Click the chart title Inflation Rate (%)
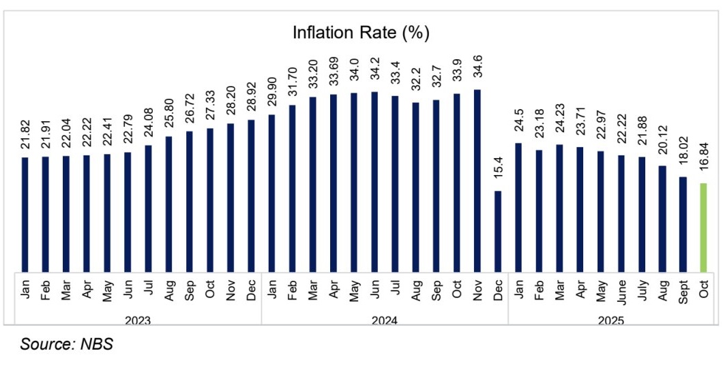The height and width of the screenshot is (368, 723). tap(361, 32)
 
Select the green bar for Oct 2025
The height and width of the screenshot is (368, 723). tap(704, 227)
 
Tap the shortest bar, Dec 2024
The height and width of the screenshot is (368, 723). tap(498, 231)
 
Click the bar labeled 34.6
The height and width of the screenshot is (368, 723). tap(477, 181)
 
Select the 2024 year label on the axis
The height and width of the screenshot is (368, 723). tap(385, 319)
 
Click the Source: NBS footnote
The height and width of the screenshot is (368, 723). tap(66, 345)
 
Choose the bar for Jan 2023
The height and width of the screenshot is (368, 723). tap(25, 214)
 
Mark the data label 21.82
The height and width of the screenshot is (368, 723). tap(25, 135)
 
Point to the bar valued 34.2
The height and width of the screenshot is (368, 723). tap(374, 181)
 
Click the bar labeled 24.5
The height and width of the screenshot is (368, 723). tap(518, 207)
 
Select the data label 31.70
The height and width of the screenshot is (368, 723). tap(292, 82)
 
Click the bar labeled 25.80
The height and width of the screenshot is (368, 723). tap(168, 204)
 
